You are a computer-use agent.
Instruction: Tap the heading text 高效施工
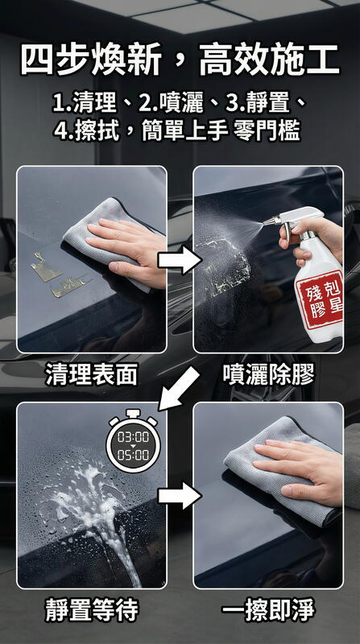[x=270, y=60]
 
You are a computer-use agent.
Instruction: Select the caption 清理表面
[x=92, y=374]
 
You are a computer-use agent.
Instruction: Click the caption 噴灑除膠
[x=268, y=374]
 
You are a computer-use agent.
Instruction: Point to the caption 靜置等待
[x=92, y=610]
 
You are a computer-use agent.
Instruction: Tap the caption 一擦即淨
[x=268, y=610]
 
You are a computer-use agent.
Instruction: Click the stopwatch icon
[x=133, y=441]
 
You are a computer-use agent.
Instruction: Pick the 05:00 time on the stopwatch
[x=133, y=455]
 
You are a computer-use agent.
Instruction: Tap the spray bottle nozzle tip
[x=265, y=223]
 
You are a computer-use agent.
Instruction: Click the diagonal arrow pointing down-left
[x=179, y=389]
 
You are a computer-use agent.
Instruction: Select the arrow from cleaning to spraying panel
[x=180, y=260]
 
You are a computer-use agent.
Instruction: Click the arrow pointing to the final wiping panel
[x=180, y=496]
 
